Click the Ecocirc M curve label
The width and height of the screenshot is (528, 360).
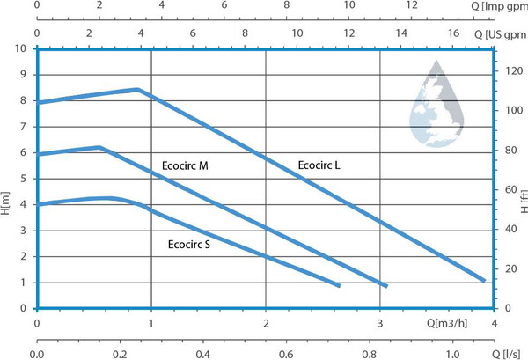[x=185, y=165]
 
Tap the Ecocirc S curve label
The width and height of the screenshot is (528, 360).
[x=189, y=244]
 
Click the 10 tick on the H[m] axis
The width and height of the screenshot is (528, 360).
[x=24, y=48]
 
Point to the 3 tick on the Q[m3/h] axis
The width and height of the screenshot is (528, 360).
[x=379, y=322]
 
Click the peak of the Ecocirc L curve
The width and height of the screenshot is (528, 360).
[x=138, y=89]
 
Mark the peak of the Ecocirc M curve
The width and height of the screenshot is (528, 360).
[x=99, y=147]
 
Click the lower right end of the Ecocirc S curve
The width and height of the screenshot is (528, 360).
[x=338, y=285]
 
